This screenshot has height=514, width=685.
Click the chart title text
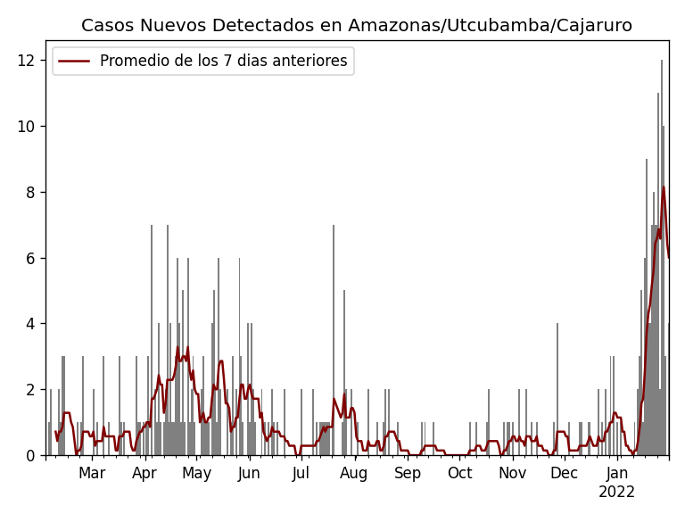[x=357, y=25]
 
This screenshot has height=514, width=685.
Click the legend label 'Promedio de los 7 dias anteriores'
[x=223, y=62]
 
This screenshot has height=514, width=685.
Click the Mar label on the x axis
[x=92, y=474]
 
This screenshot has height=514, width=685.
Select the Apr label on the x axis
[x=144, y=474]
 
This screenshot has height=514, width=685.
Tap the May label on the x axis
[x=196, y=474]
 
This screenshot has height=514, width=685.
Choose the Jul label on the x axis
[x=301, y=474]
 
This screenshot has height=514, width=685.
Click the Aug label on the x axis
[x=354, y=474]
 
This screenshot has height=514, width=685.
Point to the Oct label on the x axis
[x=459, y=474]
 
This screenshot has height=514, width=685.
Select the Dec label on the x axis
[x=564, y=474]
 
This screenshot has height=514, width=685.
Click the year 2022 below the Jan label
[x=617, y=493]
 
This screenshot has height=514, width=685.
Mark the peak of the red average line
[x=663, y=187]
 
